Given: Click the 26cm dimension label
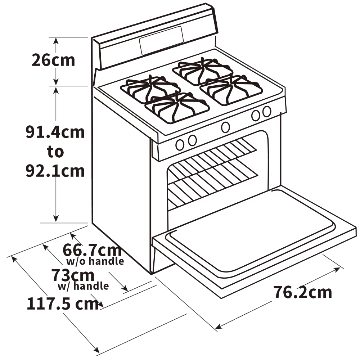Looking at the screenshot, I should click(x=53, y=60).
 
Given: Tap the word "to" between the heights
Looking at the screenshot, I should click(x=55, y=152).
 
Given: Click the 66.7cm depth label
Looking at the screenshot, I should click(x=91, y=249).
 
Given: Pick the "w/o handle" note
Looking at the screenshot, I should click(x=95, y=261).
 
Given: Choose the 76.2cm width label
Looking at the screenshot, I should click(x=302, y=292).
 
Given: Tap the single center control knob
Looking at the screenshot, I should click(x=226, y=127).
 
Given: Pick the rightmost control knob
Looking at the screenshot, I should click(x=267, y=112).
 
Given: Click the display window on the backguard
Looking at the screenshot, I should click(x=161, y=40).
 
